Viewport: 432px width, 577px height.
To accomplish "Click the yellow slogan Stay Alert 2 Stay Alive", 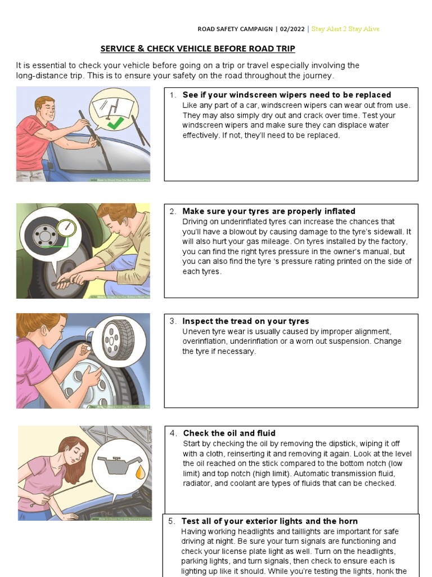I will click(345, 29).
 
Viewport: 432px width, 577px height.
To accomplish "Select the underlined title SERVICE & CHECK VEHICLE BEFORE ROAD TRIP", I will click(197, 48).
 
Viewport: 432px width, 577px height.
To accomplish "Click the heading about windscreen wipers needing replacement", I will click(286, 95).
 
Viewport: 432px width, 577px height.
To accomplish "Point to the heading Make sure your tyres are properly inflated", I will click(268, 211).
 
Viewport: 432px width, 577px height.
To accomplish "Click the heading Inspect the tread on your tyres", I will click(245, 321).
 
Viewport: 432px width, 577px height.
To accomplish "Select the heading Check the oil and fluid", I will click(229, 433).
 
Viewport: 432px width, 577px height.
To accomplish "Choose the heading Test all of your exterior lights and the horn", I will click(269, 521).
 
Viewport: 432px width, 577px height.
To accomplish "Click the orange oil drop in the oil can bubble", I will click(139, 472).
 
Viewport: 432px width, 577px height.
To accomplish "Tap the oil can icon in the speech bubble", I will click(116, 467).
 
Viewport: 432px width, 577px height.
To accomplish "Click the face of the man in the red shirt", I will click(45, 109).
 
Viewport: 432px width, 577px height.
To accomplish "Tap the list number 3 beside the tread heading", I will click(173, 321).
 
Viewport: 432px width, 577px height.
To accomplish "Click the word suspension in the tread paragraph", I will click(350, 341).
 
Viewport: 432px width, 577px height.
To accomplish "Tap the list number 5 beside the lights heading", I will click(172, 521).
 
